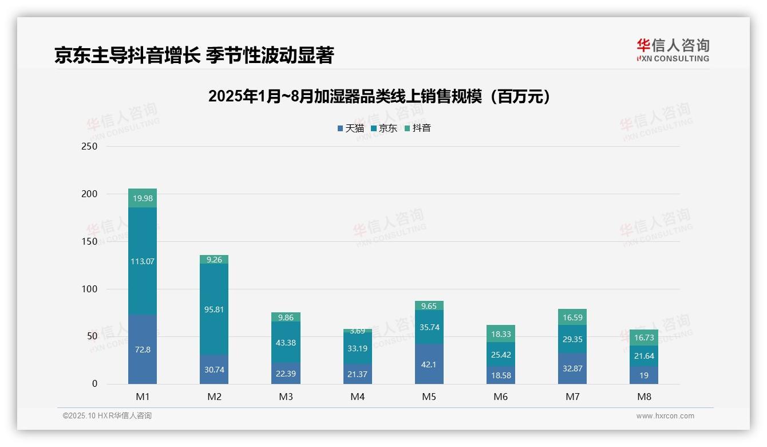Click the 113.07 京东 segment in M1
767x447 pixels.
(143, 261)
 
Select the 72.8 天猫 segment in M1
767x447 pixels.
(143, 350)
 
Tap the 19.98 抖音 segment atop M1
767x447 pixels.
(143, 198)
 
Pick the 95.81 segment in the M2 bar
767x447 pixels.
(214, 309)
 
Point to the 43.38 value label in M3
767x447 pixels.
(286, 343)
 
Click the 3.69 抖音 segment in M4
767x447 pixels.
(357, 331)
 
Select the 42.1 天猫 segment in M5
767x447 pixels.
(429, 364)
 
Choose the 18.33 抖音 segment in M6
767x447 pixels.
(500, 334)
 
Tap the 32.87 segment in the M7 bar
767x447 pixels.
(572, 368)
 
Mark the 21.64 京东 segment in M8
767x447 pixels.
(644, 356)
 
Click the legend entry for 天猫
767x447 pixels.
(351, 128)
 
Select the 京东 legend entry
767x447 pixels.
(384, 128)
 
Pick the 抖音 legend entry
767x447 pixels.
(418, 128)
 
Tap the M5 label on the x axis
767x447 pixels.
(429, 397)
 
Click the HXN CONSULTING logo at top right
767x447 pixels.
(673, 50)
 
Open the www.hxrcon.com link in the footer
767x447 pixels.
(665, 416)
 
